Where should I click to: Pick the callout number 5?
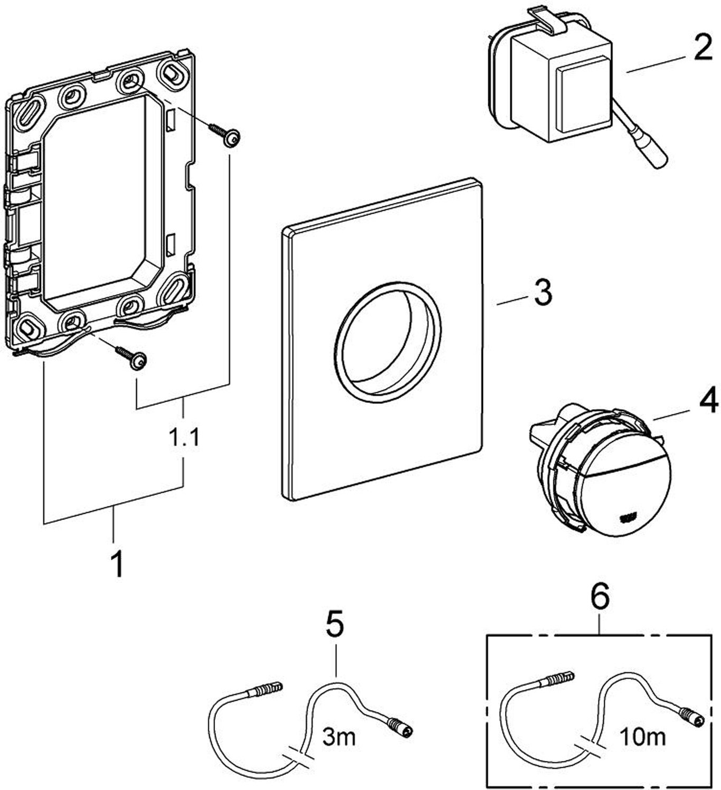click(334, 625)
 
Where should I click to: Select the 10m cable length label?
click(642, 736)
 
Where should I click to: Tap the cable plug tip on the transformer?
click(659, 161)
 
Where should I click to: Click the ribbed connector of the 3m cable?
click(263, 690)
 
